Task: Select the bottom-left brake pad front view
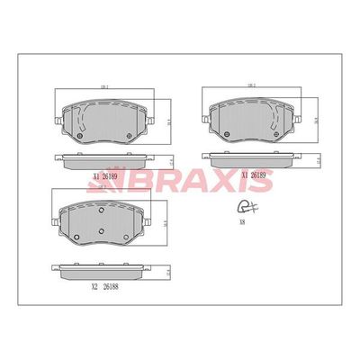point(100,221)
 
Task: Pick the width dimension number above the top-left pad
point(103,87)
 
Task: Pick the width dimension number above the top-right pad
point(254,85)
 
